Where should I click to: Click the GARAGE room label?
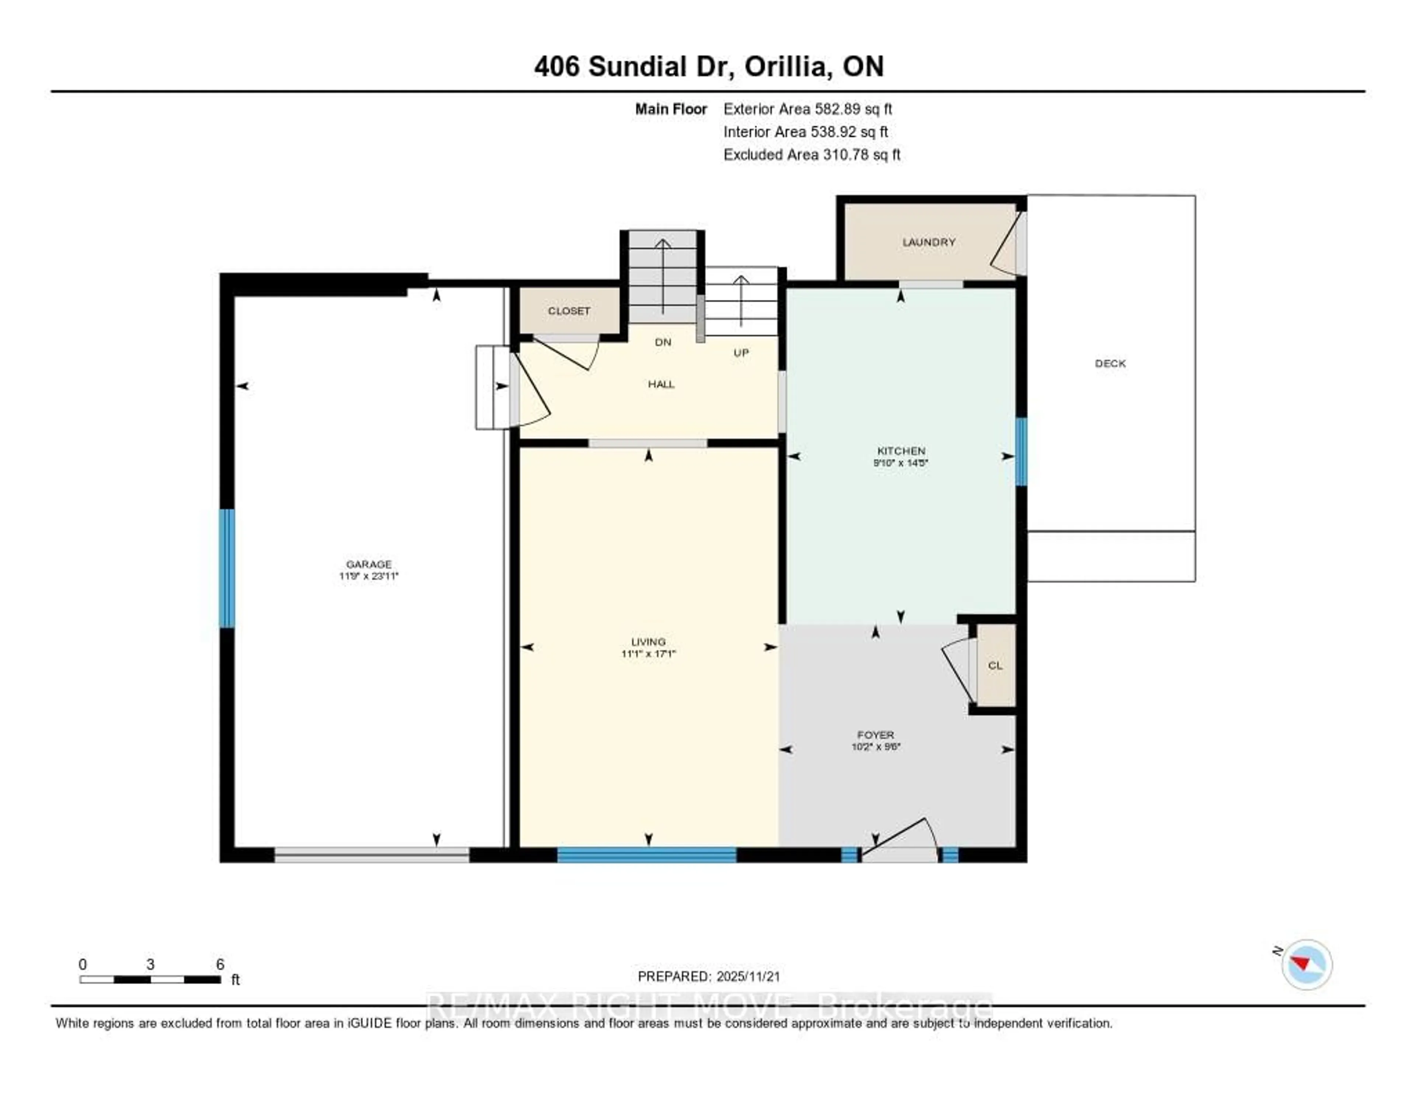pos(368,564)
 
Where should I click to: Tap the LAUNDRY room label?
pos(929,242)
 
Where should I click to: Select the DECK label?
pos(1110,364)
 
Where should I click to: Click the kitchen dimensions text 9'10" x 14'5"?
pos(900,463)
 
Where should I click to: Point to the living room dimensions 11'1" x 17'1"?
pos(648,654)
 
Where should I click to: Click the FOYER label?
pos(875,735)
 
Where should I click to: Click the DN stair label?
pos(663,342)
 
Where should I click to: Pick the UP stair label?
pos(741,353)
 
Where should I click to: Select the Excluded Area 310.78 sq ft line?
pos(811,154)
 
